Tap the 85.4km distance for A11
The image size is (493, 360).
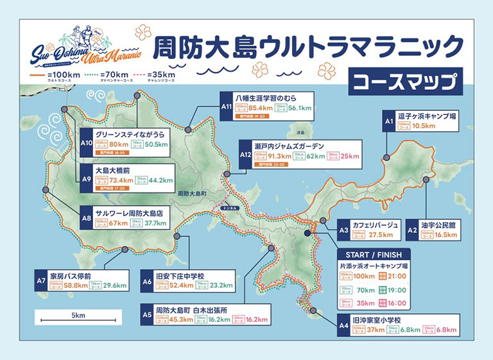point(261,108)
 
